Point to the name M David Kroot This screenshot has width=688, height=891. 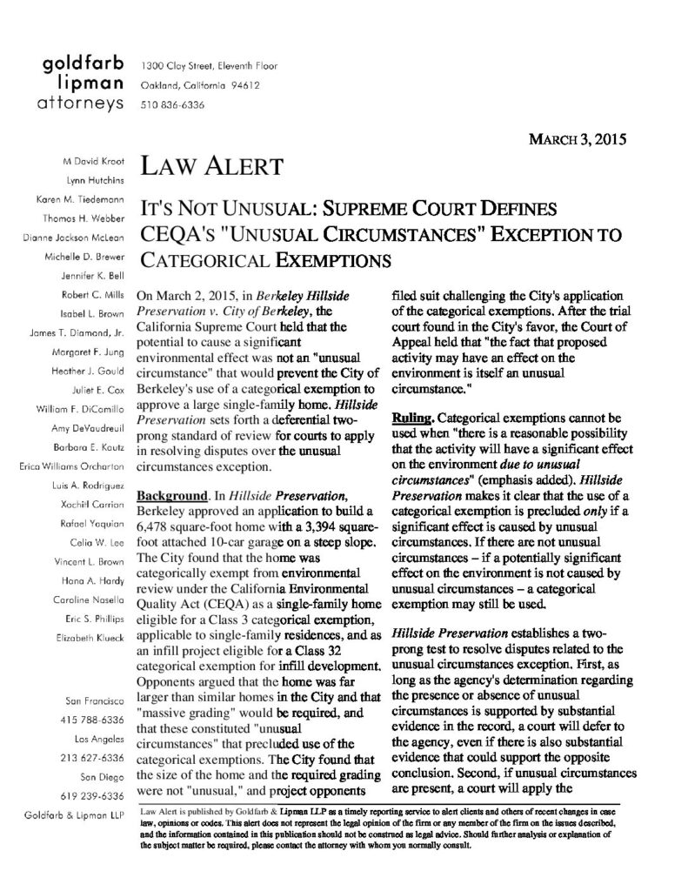pyautogui.click(x=91, y=162)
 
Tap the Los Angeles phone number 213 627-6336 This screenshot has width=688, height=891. pyautogui.click(x=98, y=758)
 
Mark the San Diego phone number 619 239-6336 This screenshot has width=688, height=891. pyautogui.click(x=98, y=795)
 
